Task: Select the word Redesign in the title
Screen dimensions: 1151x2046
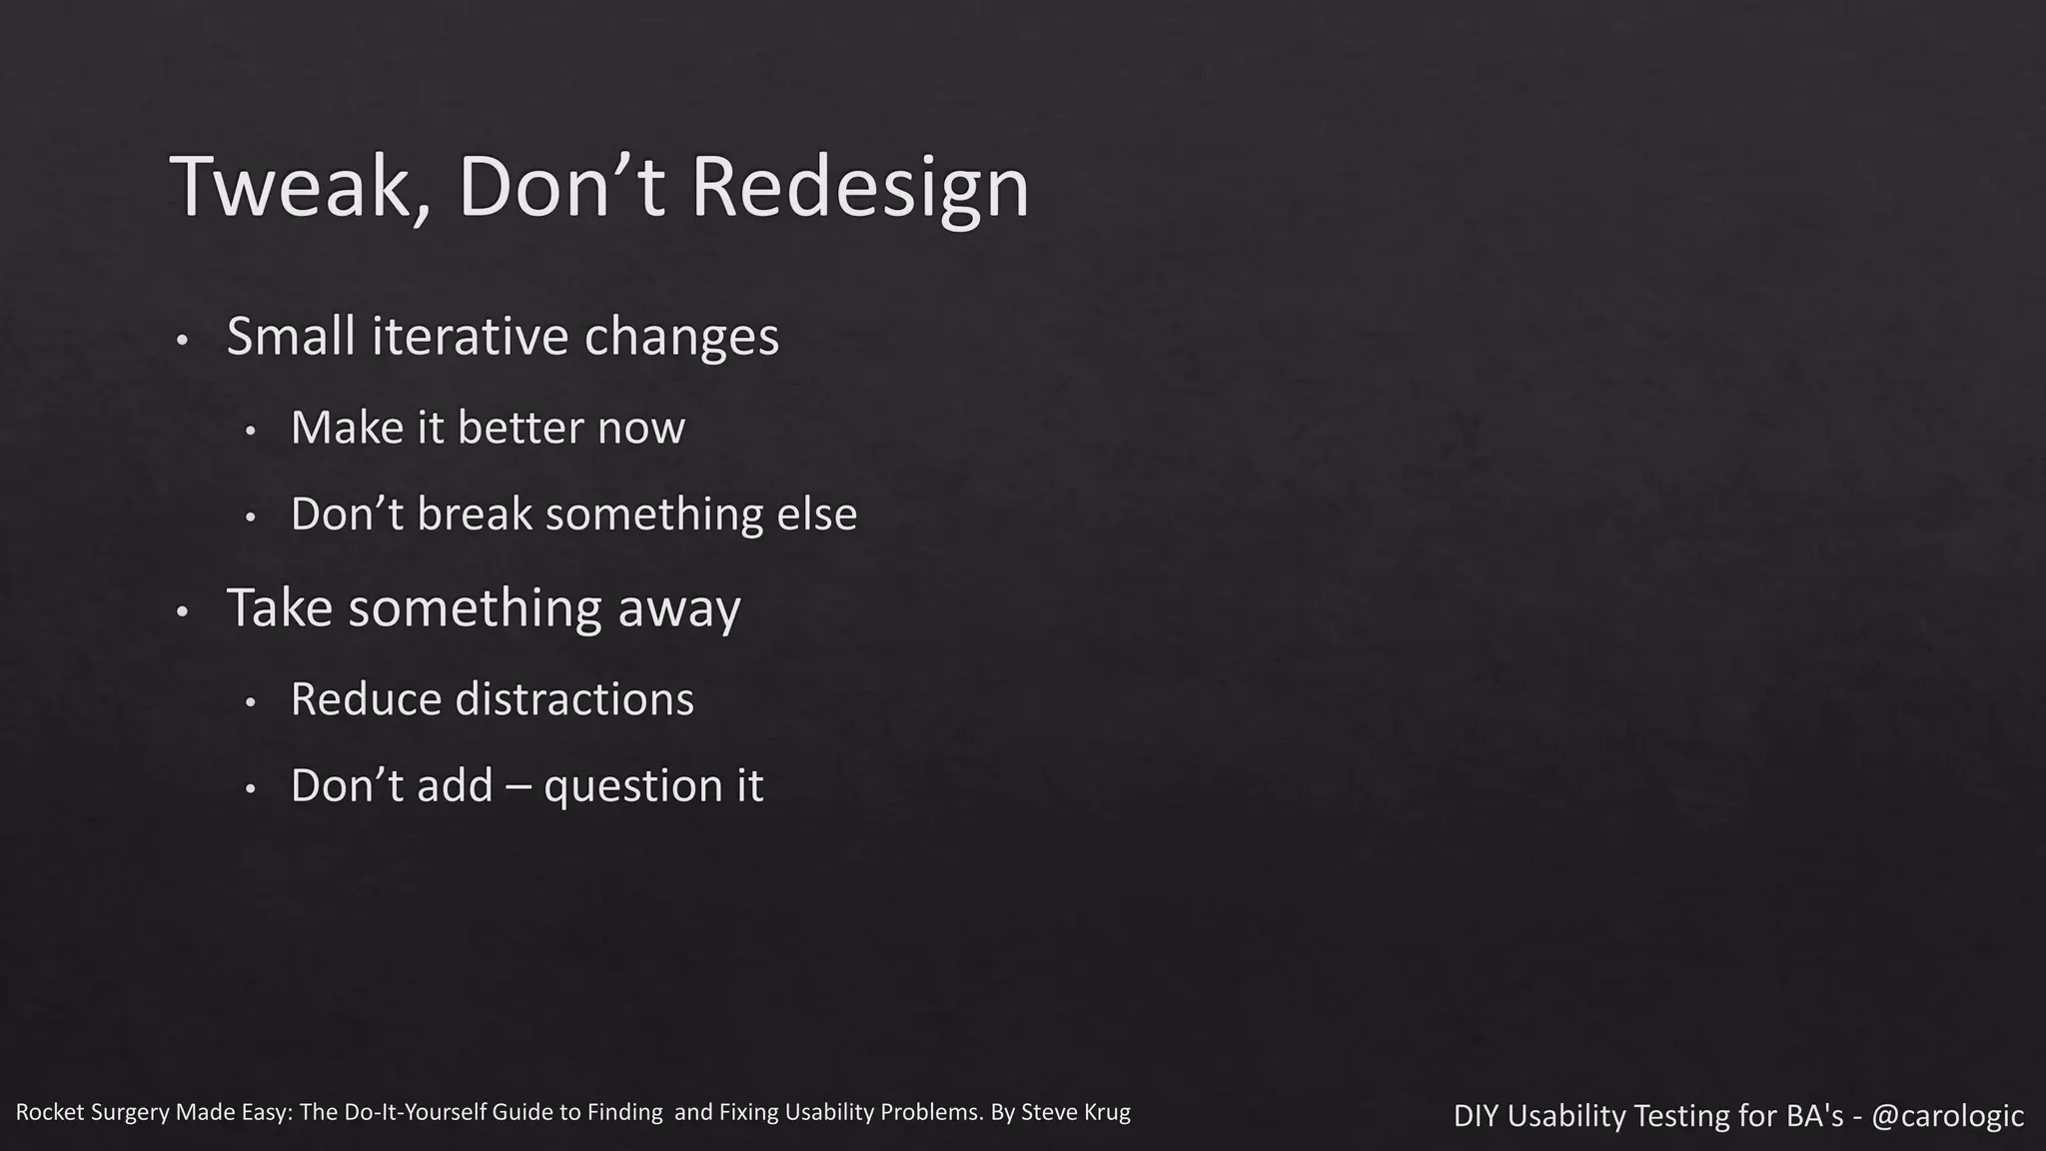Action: pos(859,187)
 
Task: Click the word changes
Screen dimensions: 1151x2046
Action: pos(681,336)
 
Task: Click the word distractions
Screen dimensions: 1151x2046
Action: pos(574,699)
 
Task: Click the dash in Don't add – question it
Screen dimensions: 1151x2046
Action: pos(518,786)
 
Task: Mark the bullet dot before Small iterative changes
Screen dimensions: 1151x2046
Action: pos(182,341)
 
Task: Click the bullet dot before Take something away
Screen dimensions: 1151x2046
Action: pos(182,611)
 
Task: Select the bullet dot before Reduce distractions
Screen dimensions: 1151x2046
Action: pos(251,703)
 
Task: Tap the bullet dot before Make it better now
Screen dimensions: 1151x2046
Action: pos(251,432)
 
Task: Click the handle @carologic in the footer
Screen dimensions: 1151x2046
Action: pos(1947,1116)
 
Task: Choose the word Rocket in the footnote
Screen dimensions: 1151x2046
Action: pos(48,1112)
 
